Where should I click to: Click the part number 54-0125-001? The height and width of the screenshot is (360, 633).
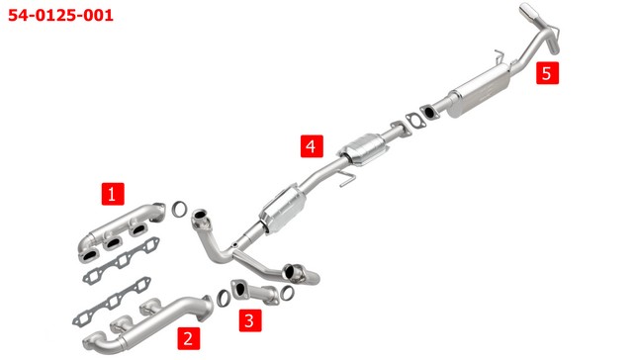click(x=60, y=16)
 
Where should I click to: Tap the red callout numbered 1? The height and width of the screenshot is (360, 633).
click(x=113, y=194)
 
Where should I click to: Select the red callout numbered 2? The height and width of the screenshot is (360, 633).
click(x=189, y=338)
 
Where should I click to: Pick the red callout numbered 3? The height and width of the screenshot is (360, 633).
click(x=250, y=320)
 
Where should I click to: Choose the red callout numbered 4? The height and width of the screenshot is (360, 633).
click(x=312, y=146)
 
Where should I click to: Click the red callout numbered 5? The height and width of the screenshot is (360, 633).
click(x=547, y=73)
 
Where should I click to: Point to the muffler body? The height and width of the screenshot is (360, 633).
click(x=479, y=91)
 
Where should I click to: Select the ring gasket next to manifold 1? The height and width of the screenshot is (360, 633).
click(x=180, y=209)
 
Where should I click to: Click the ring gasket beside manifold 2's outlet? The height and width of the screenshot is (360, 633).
click(x=224, y=298)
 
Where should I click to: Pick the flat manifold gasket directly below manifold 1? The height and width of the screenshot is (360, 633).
click(x=121, y=261)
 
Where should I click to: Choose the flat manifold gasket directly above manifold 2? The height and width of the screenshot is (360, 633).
click(x=112, y=301)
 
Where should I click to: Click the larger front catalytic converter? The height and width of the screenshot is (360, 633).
click(x=283, y=209)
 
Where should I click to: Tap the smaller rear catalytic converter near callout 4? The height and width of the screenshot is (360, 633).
click(x=364, y=149)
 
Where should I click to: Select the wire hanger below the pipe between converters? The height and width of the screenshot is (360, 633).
click(x=346, y=179)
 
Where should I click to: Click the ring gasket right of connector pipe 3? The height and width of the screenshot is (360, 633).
click(x=287, y=293)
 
